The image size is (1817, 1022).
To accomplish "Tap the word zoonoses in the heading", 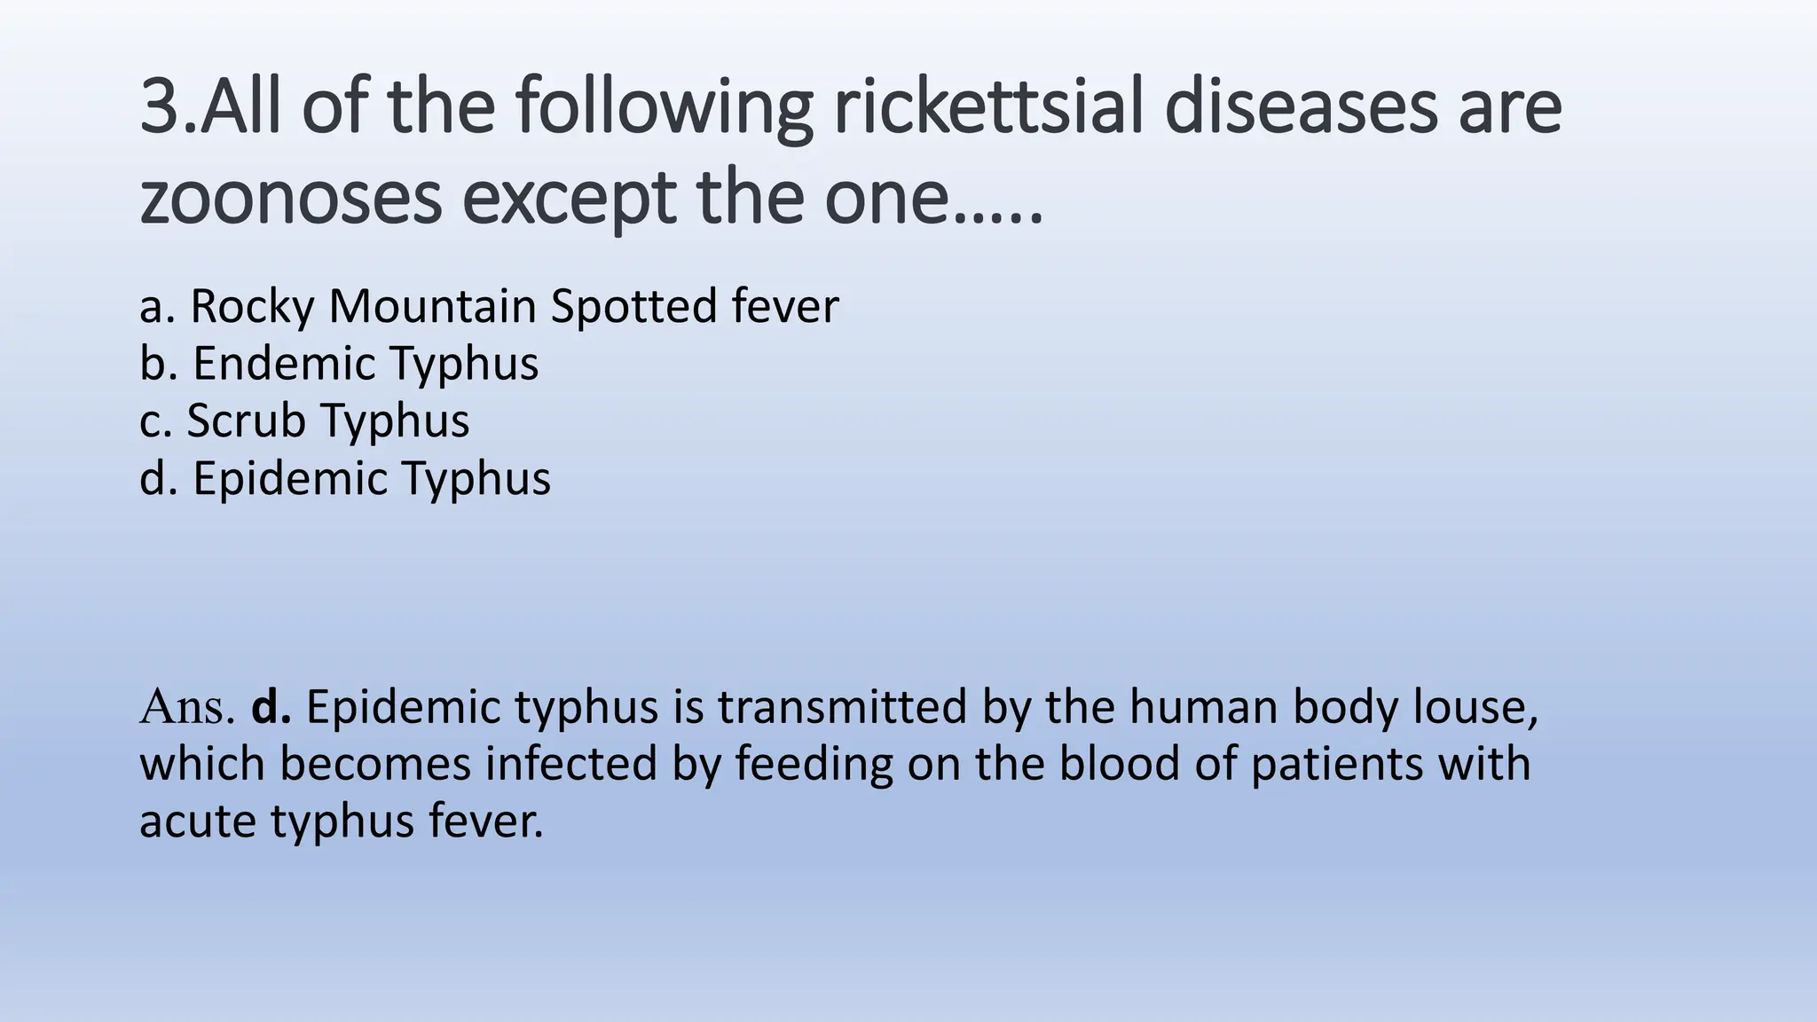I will coord(290,198).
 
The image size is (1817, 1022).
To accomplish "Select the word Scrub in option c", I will coord(245,420).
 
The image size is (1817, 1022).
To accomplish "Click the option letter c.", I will coord(153,421).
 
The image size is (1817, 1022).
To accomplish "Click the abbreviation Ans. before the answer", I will coord(187,707).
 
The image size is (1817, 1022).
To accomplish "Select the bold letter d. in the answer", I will coord(271,707).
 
